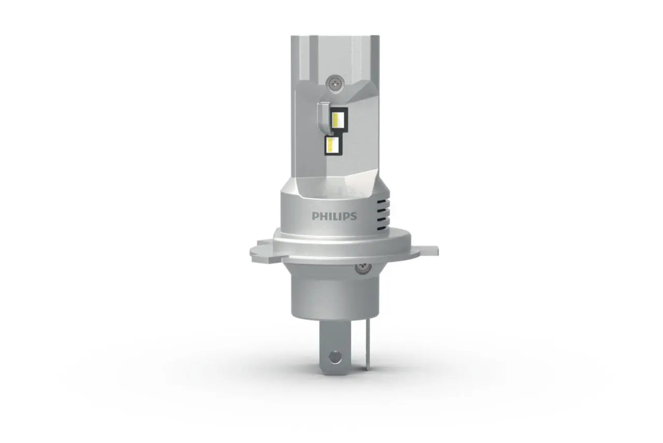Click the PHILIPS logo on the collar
click(x=334, y=216)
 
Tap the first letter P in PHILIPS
click(x=315, y=216)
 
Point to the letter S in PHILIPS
click(x=353, y=216)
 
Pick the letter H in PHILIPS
click(x=323, y=216)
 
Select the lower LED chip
click(x=333, y=145)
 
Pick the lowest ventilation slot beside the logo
click(x=382, y=229)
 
